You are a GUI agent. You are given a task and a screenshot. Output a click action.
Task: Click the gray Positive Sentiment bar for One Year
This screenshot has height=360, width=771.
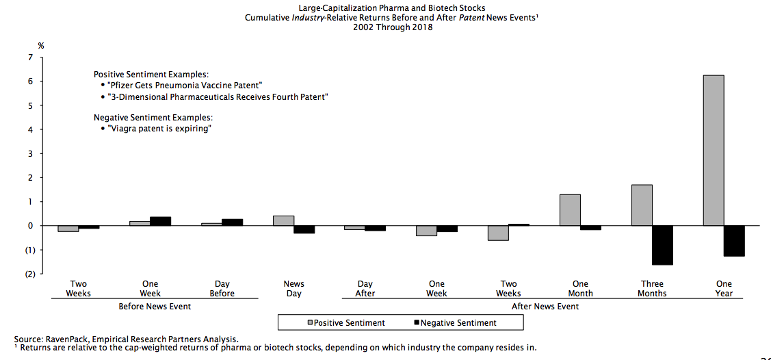tap(713, 150)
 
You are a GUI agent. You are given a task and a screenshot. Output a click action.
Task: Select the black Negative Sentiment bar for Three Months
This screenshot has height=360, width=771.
tap(662, 245)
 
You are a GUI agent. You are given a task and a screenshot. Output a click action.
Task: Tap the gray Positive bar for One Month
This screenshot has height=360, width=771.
tap(570, 210)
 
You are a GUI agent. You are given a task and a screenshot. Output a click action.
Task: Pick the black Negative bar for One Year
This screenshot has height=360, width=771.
tap(734, 241)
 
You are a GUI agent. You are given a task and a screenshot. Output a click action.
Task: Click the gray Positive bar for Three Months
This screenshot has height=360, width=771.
tap(642, 205)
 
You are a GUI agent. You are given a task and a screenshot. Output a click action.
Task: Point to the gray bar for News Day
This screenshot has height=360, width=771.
tap(283, 220)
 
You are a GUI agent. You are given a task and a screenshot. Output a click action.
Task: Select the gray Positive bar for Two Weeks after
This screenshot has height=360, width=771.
tap(498, 233)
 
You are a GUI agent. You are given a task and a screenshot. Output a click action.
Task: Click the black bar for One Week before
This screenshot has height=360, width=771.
tap(160, 221)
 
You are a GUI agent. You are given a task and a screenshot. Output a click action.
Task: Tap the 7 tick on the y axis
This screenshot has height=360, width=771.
tap(30, 58)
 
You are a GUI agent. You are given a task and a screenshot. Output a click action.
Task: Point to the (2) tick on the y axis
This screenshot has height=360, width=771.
tap(29, 274)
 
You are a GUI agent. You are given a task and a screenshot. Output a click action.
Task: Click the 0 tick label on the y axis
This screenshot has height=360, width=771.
tap(30, 226)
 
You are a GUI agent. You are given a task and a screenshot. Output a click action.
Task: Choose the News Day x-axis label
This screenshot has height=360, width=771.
tap(293, 288)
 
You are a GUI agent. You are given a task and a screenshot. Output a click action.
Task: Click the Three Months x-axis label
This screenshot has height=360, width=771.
tap(652, 288)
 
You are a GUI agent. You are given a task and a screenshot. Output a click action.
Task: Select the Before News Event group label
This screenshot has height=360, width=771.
tap(155, 306)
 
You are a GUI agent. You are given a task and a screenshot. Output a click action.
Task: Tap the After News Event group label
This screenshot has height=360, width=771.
tap(545, 306)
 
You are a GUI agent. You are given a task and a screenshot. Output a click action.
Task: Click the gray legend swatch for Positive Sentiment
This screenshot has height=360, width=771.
tap(310, 322)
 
